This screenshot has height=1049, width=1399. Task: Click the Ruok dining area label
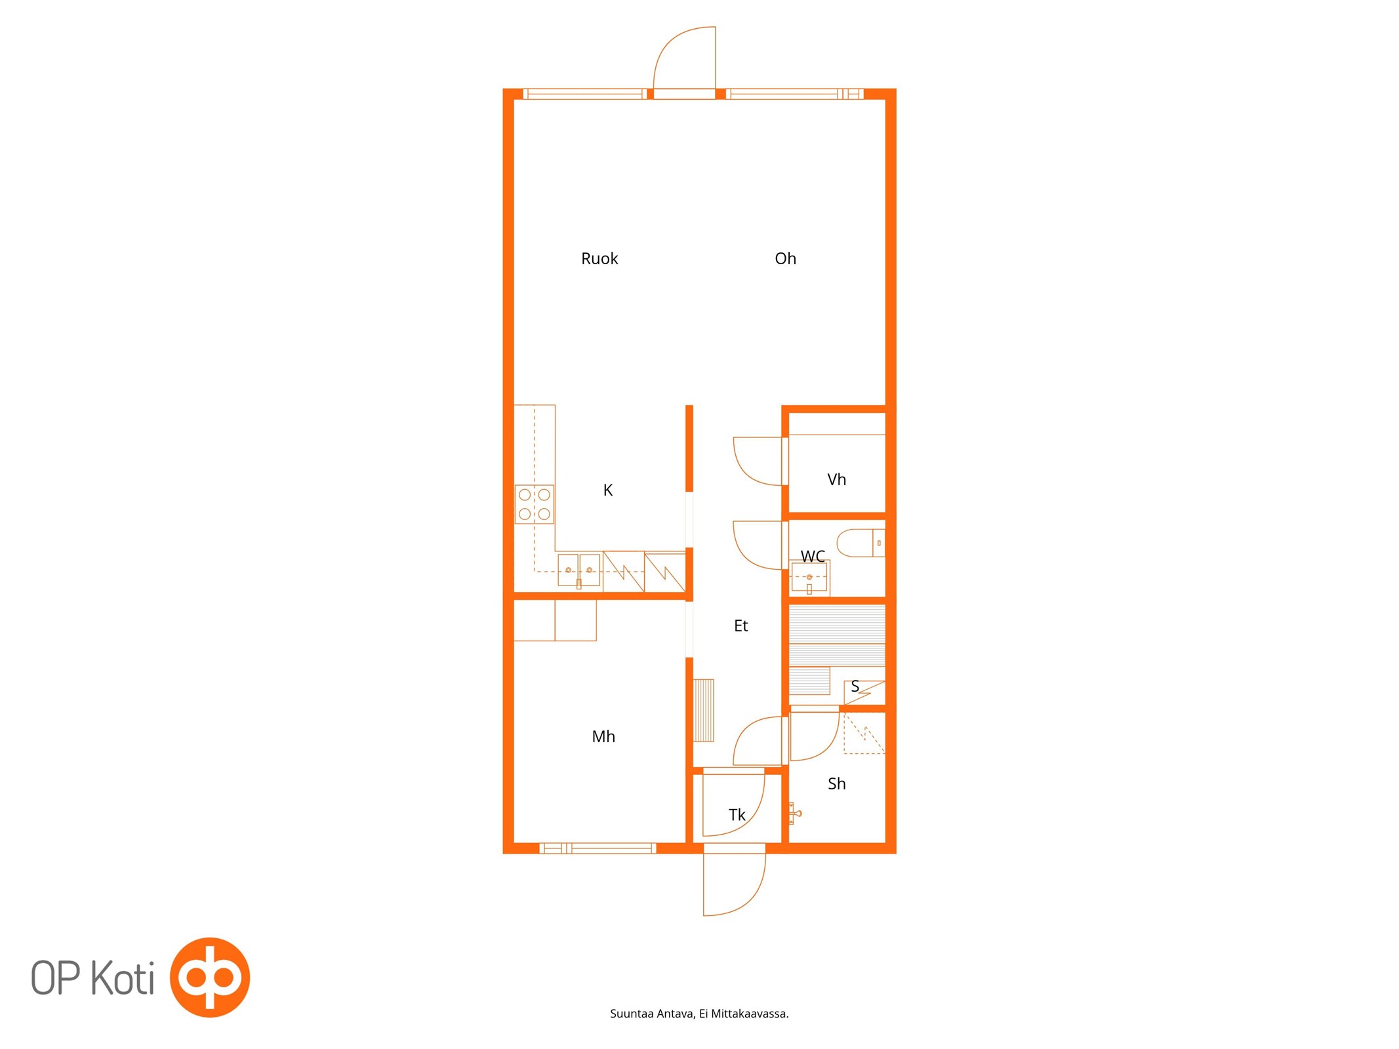coord(599,258)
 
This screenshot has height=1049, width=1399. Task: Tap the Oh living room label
coord(785,258)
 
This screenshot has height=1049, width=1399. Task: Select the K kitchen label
coord(607,490)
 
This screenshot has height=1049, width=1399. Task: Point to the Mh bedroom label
coord(603,736)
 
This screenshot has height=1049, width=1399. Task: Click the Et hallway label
coord(740,625)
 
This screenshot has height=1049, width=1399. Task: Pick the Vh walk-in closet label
coord(836,479)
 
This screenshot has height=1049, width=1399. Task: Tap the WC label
coord(813,556)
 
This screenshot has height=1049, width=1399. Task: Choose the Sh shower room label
coord(836,783)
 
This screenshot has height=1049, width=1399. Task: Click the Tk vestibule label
coord(737,814)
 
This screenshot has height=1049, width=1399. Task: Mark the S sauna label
coord(855,686)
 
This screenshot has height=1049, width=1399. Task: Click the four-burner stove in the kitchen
coord(534,504)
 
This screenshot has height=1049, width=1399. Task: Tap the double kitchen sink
coord(578,570)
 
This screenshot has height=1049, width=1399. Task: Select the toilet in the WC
coord(861,543)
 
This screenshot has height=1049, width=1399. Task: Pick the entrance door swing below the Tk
coord(734,882)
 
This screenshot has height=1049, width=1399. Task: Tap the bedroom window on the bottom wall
coord(598,848)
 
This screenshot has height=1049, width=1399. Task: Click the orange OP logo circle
coord(210,978)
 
